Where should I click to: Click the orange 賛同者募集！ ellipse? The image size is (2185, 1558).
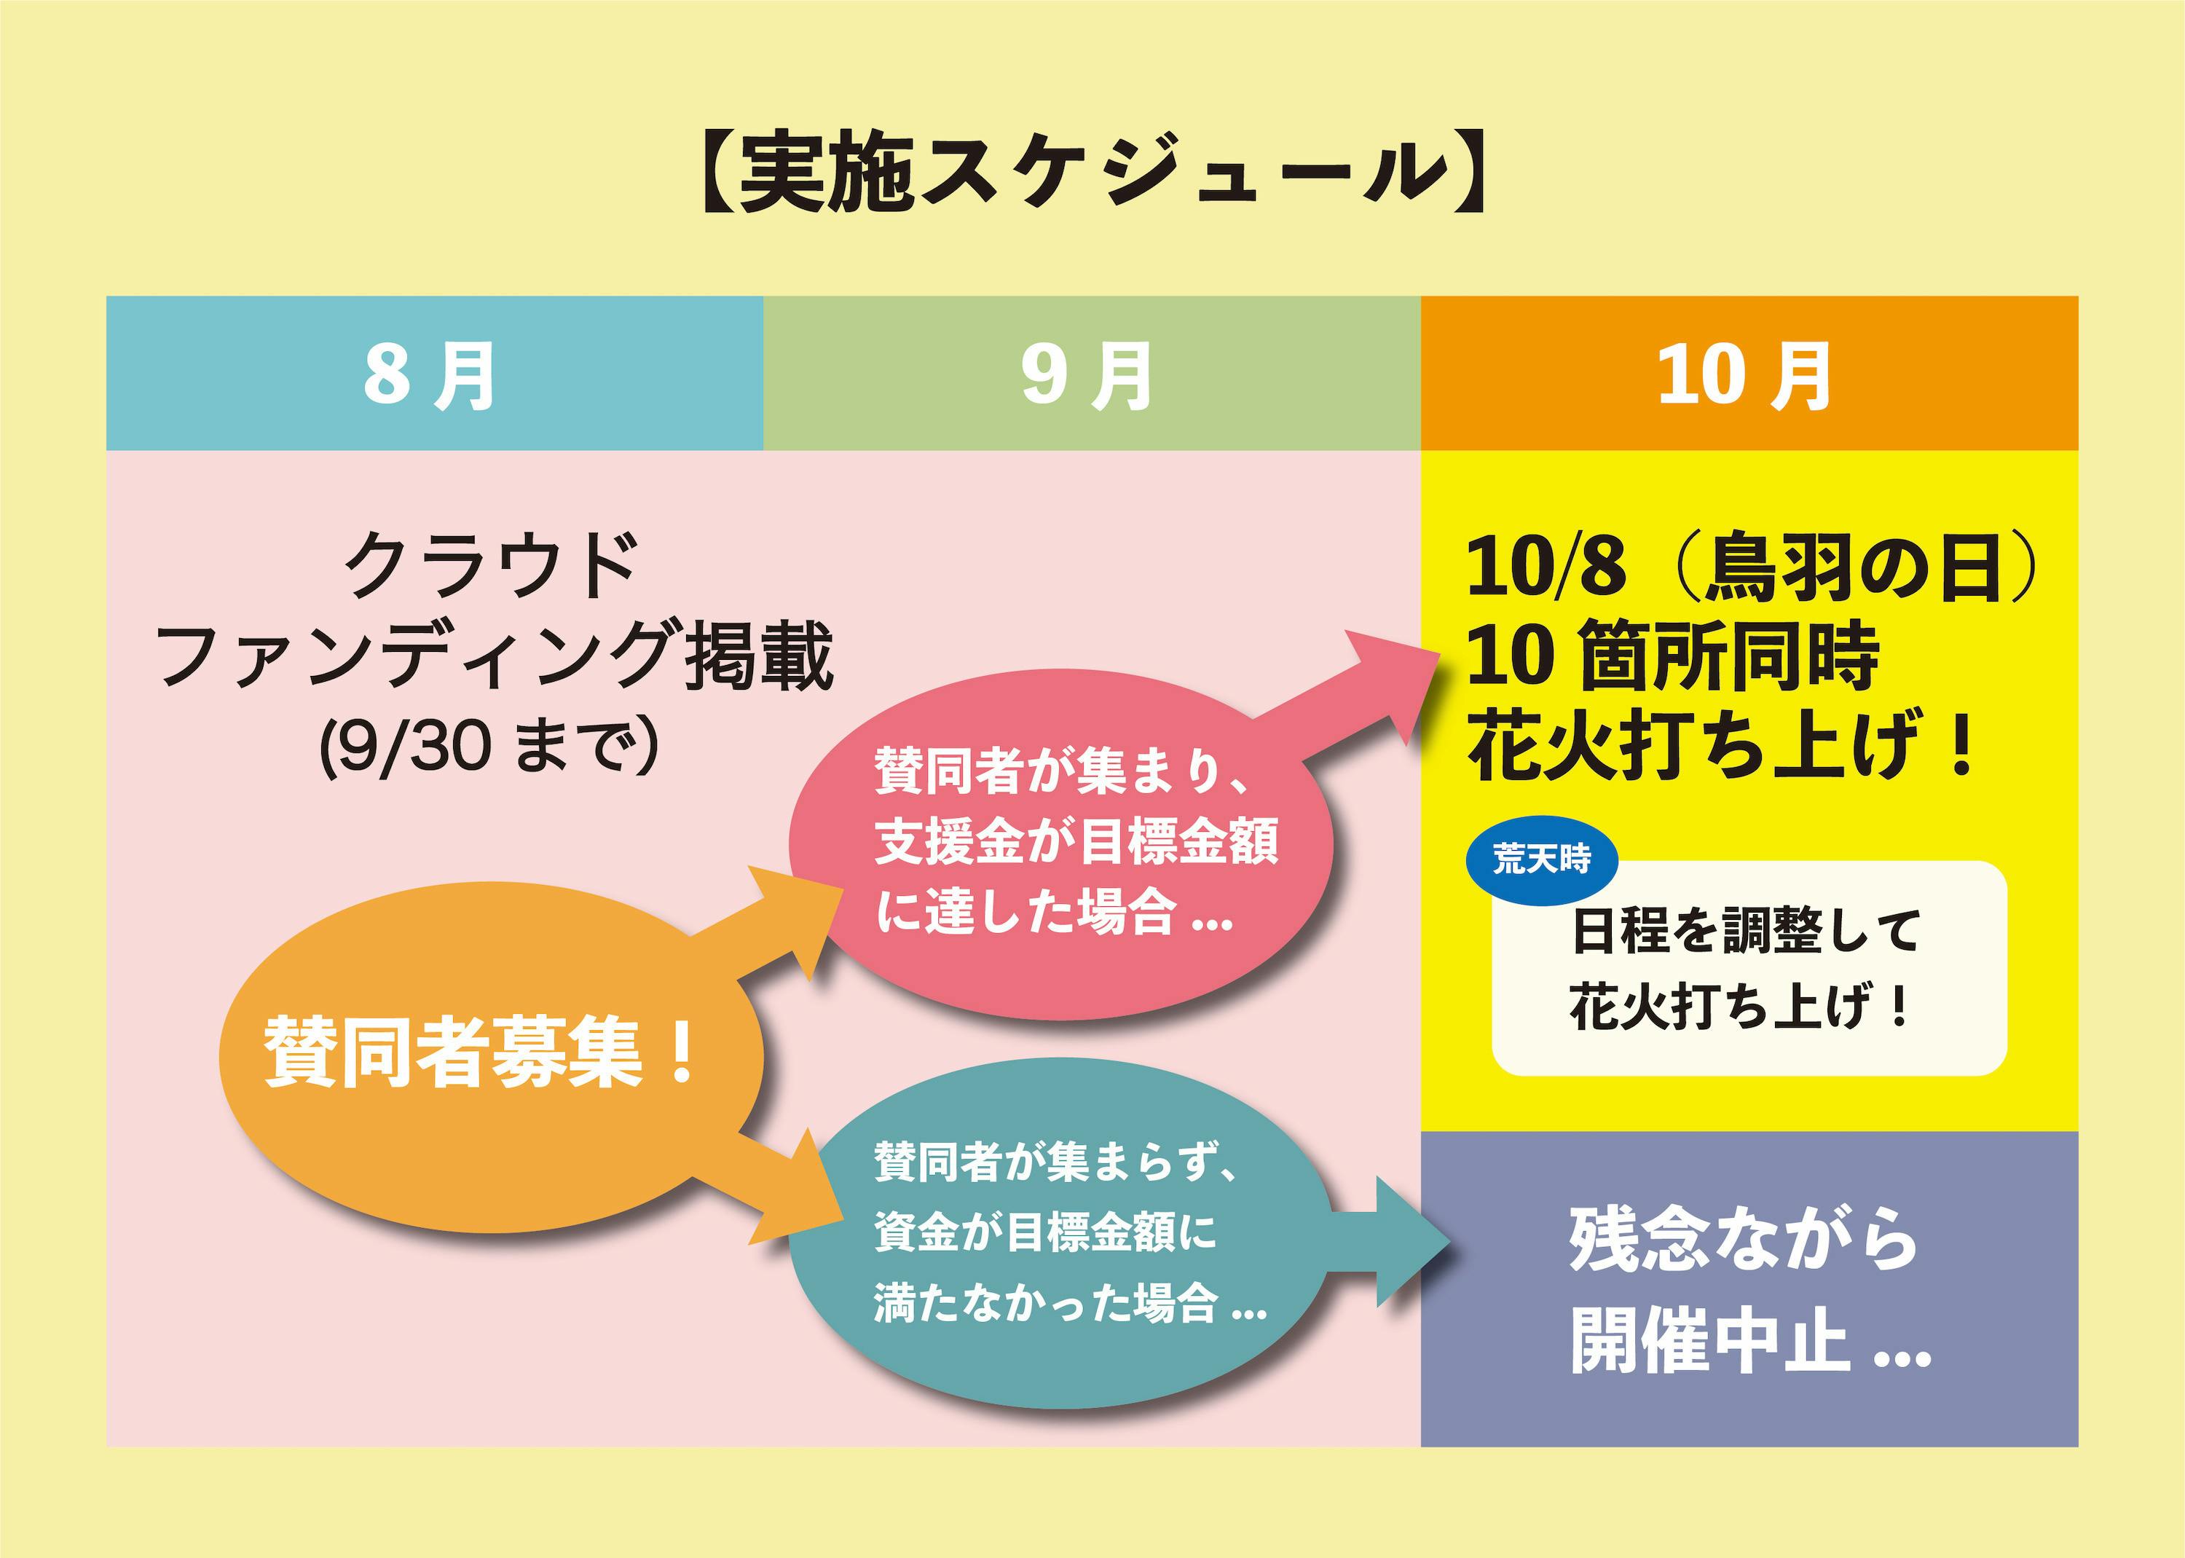tap(484, 1055)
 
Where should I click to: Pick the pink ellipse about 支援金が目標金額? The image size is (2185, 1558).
tap(1060, 844)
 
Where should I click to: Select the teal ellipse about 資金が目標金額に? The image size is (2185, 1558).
tap(1060, 1232)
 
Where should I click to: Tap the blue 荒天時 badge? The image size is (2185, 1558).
tap(1541, 859)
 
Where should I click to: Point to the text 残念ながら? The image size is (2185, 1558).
tap(1744, 1240)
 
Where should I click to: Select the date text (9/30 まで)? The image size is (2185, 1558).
tap(489, 747)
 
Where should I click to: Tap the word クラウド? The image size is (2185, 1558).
tap(491, 566)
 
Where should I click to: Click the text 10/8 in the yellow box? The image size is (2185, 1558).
tap(1546, 568)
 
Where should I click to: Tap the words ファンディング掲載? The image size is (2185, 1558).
tap(494, 656)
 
